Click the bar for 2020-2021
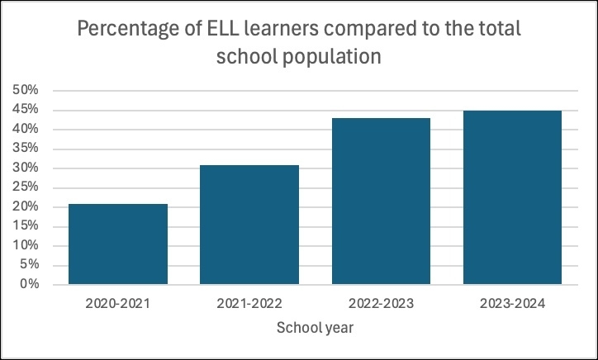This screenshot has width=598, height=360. point(118,244)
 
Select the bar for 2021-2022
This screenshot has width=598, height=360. point(249,225)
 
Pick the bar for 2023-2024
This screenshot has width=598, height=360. point(512,197)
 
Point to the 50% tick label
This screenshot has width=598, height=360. point(28,90)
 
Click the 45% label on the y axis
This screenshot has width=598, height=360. point(28,110)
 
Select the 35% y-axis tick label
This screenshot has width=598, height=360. point(28,149)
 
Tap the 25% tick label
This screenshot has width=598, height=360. point(28,187)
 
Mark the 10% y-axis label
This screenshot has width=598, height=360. point(28,246)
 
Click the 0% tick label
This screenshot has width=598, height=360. point(31,285)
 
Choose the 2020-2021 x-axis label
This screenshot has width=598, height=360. point(118,303)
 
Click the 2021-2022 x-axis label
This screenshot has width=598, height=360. point(249,303)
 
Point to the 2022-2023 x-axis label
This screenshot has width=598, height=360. point(381,303)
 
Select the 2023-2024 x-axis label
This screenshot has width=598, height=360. point(512,303)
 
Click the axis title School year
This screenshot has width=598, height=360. point(315,328)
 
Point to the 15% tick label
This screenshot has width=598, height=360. point(28,226)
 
